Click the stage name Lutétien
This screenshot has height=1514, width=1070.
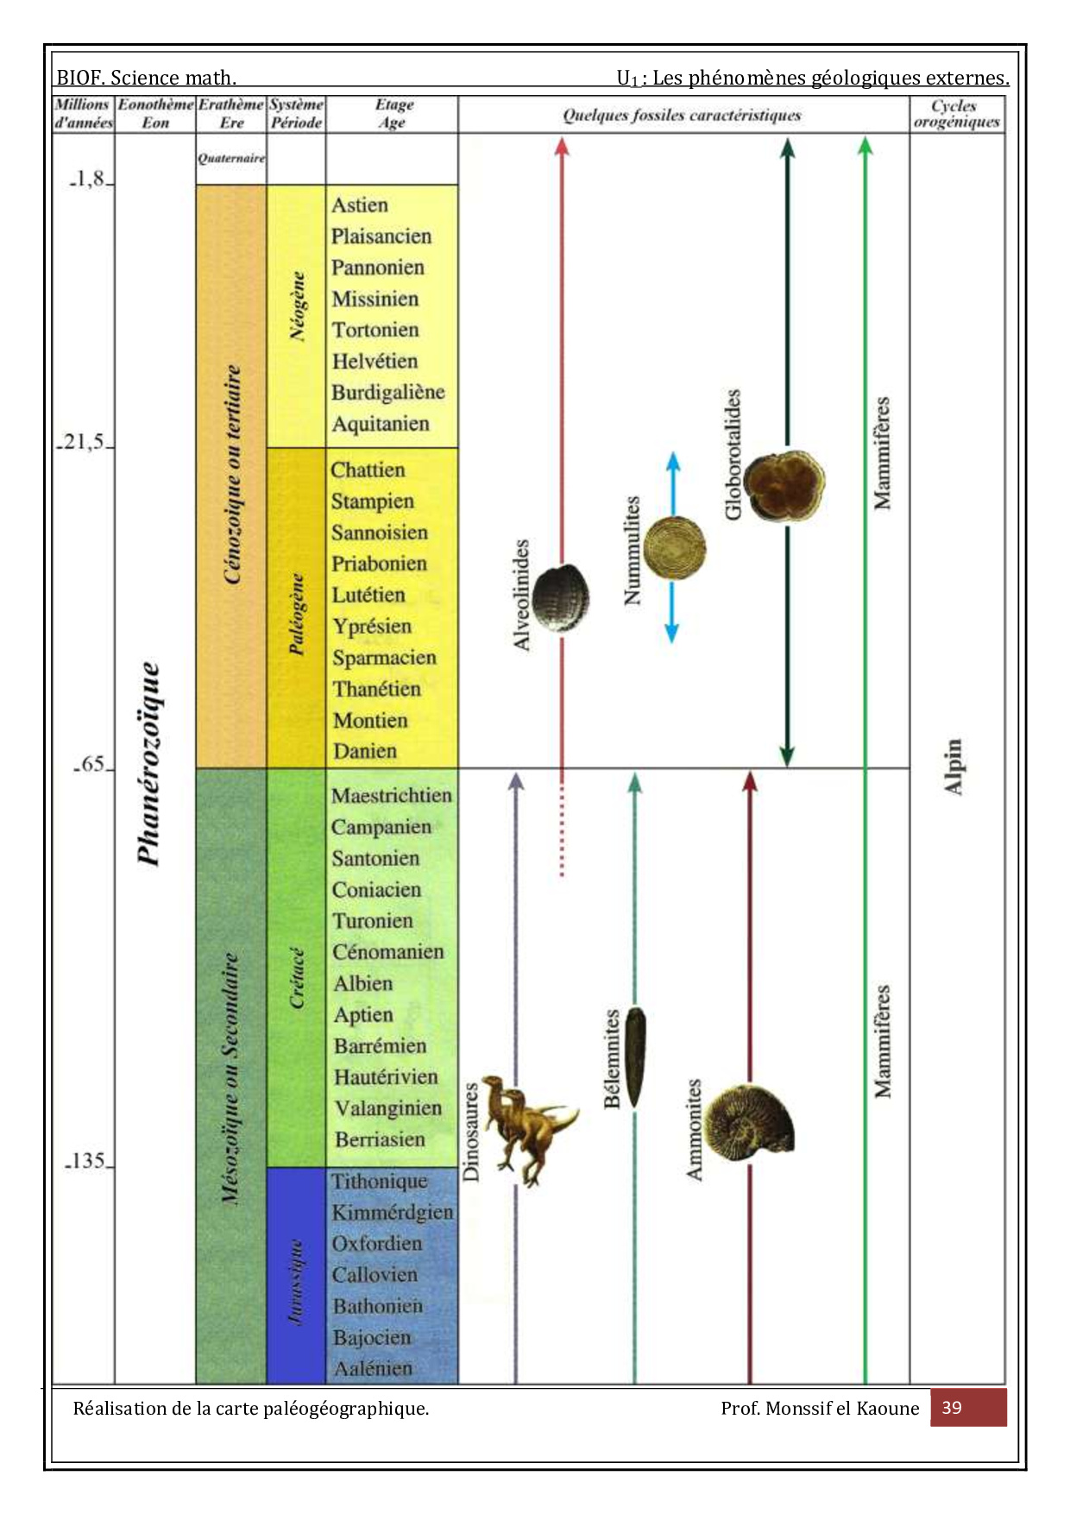click(x=368, y=595)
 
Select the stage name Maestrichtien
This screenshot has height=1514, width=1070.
click(x=391, y=795)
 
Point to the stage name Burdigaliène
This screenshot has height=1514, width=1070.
click(x=388, y=392)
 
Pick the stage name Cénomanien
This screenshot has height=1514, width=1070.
click(x=388, y=952)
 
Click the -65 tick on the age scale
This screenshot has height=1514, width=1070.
click(x=91, y=765)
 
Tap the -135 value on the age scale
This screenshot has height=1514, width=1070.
click(x=87, y=1161)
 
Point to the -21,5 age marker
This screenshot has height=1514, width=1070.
click(x=83, y=443)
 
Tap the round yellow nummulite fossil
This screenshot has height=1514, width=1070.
click(x=674, y=548)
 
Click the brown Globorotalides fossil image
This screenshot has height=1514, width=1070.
click(x=784, y=486)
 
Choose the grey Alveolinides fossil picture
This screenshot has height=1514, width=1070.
click(x=561, y=596)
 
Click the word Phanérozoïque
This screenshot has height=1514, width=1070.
click(x=149, y=764)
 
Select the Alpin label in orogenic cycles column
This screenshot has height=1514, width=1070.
click(x=953, y=766)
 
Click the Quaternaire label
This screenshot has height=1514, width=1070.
click(x=230, y=159)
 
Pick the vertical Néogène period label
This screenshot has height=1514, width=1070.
click(x=297, y=306)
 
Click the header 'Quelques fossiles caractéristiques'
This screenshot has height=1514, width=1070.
click(x=682, y=115)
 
